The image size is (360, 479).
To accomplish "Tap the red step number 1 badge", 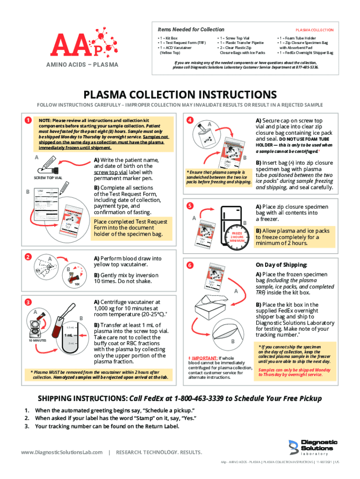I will tap(29, 121).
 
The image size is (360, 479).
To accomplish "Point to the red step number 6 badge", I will tap(190, 265).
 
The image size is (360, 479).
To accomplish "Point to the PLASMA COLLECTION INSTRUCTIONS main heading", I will tap(180, 95).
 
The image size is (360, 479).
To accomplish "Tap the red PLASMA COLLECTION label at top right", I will tap(314, 30).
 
